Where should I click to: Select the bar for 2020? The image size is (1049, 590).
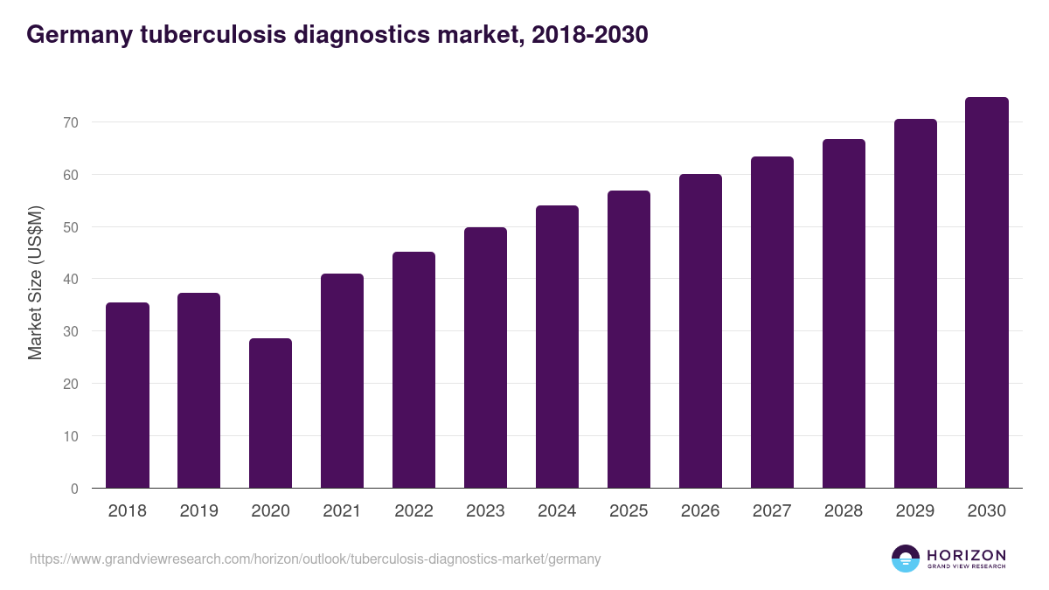pyautogui.click(x=270, y=413)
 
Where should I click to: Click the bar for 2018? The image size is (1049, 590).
pyautogui.click(x=128, y=395)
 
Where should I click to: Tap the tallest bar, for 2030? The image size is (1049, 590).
pyautogui.click(x=987, y=293)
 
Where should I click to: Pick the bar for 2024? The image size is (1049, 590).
pyautogui.click(x=557, y=346)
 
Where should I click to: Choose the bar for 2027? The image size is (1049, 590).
pyautogui.click(x=772, y=322)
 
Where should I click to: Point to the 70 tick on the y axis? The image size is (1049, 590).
pyautogui.click(x=71, y=122)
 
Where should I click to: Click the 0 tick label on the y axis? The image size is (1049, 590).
pyautogui.click(x=75, y=489)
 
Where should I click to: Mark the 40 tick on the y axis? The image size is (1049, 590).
pyautogui.click(x=71, y=280)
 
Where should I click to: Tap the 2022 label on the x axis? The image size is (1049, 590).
pyautogui.click(x=413, y=511)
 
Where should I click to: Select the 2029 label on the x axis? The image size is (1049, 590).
pyautogui.click(x=915, y=511)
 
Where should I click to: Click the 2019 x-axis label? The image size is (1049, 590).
pyautogui.click(x=198, y=511)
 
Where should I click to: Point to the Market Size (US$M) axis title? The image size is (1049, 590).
pyautogui.click(x=35, y=282)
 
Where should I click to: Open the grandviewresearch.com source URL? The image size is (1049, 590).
pyautogui.click(x=315, y=559)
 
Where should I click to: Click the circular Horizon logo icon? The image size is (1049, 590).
pyautogui.click(x=906, y=559)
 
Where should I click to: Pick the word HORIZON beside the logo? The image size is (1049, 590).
pyautogui.click(x=966, y=554)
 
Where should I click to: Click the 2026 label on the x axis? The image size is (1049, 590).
pyautogui.click(x=700, y=511)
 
